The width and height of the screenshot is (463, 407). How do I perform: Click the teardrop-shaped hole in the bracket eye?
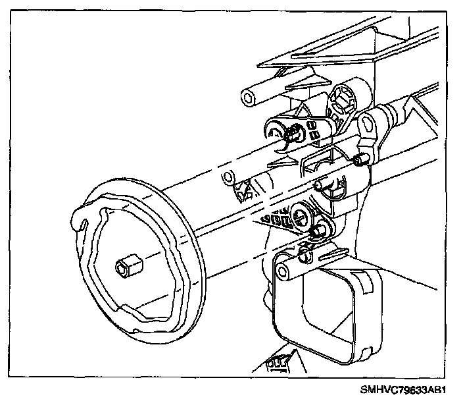[x=366, y=122]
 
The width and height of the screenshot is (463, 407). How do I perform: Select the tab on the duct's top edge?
[x=339, y=252]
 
